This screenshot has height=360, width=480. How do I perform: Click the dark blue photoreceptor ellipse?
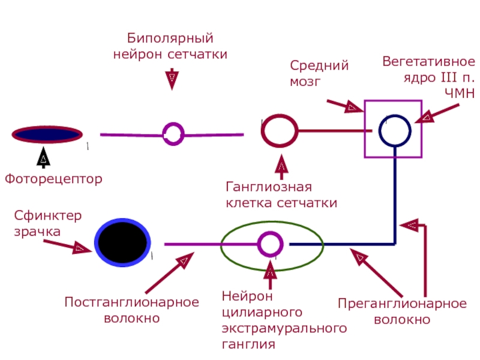pyautogui.click(x=47, y=134)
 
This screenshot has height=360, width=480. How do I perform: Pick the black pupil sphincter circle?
pyautogui.click(x=122, y=242)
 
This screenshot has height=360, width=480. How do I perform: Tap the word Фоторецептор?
pyautogui.click(x=53, y=179)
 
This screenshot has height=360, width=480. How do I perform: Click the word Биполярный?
pyautogui.click(x=170, y=38)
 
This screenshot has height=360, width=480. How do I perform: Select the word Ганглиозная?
pyautogui.click(x=269, y=187)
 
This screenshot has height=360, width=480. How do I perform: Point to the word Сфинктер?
pyautogui.click(x=48, y=216)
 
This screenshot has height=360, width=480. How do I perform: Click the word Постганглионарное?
pyautogui.click(x=131, y=302)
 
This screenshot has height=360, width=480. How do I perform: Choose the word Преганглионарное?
pyautogui.click(x=402, y=304)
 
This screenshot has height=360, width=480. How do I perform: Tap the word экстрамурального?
pyautogui.click(x=284, y=328)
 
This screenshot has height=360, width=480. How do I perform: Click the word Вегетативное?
pyautogui.click(x=428, y=62)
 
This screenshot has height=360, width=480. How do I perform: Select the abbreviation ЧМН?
pyautogui.click(x=460, y=93)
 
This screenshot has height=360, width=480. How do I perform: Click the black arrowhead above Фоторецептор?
pyautogui.click(x=43, y=157)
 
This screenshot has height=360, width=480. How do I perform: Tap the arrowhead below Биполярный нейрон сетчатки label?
pyautogui.click(x=172, y=79)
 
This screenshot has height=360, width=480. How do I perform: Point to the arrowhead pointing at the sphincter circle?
pyautogui.click(x=82, y=248)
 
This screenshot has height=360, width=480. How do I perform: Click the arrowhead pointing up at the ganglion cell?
pyautogui.click(x=281, y=164)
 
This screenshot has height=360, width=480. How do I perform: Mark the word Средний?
pyautogui.click(x=319, y=65)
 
